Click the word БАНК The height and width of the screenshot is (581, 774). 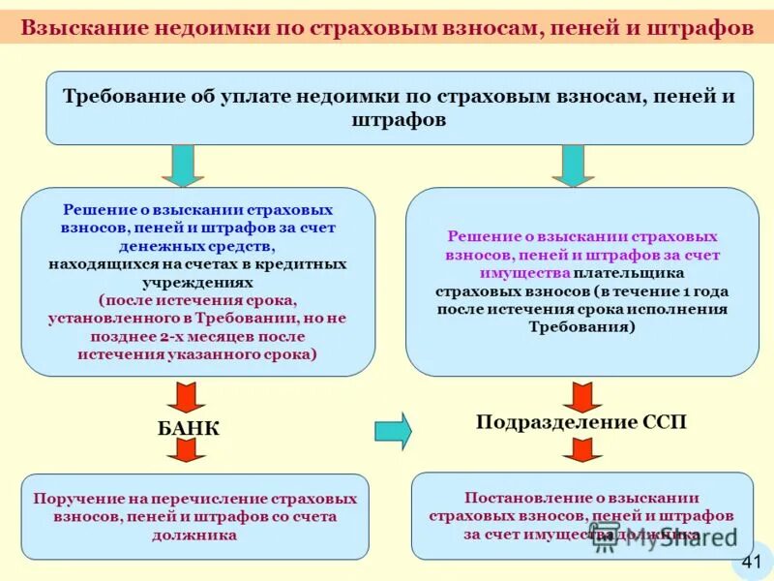[189, 427]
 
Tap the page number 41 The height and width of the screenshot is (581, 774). [752, 562]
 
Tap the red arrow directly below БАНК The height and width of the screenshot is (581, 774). [186, 450]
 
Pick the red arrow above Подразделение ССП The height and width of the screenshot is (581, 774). [582, 396]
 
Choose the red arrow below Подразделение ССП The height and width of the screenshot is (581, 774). [582, 450]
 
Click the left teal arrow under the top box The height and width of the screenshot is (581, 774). [183, 166]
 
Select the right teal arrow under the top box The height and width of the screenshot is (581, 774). [573, 166]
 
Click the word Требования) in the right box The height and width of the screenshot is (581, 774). [582, 326]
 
